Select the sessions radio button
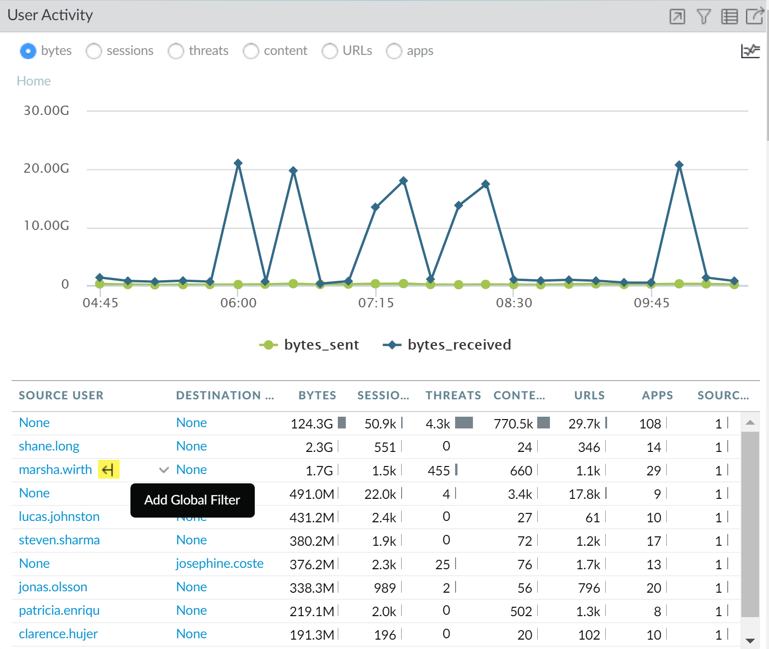[x=94, y=51]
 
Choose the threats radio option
[x=176, y=51]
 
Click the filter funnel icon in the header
[x=703, y=17]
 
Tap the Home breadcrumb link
[x=34, y=81]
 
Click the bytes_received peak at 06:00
[x=238, y=163]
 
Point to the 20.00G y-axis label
[x=46, y=168]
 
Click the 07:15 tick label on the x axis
[x=376, y=303]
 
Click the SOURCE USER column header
[x=61, y=396]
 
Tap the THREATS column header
[x=453, y=396]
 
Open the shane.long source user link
[x=49, y=446]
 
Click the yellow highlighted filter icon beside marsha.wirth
[x=108, y=469]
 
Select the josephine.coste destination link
[x=220, y=564]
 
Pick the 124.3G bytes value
[x=312, y=424]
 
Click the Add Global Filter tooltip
[x=192, y=500]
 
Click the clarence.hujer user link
[x=58, y=634]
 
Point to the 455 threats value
[x=439, y=471]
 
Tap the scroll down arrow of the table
[x=750, y=641]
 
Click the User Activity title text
[x=50, y=15]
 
